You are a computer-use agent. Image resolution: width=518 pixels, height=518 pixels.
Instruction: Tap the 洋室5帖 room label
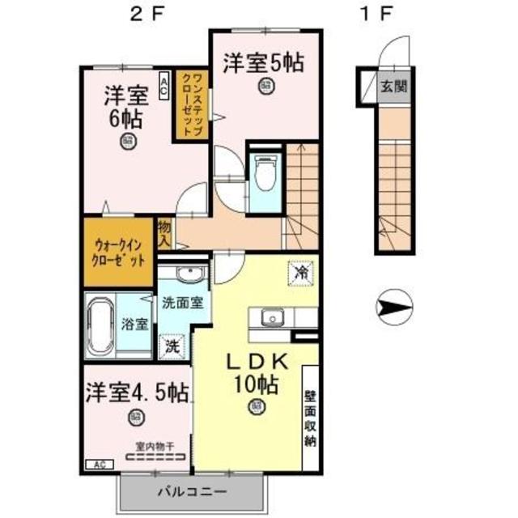[x=263, y=62]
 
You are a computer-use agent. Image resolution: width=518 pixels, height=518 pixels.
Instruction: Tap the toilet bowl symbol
[x=264, y=172]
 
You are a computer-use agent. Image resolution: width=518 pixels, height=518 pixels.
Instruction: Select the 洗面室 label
[x=181, y=303]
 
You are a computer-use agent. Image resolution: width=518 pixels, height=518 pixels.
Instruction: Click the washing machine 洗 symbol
[x=172, y=346]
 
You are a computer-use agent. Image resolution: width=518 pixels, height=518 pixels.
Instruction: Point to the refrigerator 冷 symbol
[x=299, y=272]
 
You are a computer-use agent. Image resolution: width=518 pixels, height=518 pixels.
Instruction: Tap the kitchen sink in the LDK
[x=270, y=318]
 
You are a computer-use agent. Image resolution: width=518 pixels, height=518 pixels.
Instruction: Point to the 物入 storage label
[x=165, y=232]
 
